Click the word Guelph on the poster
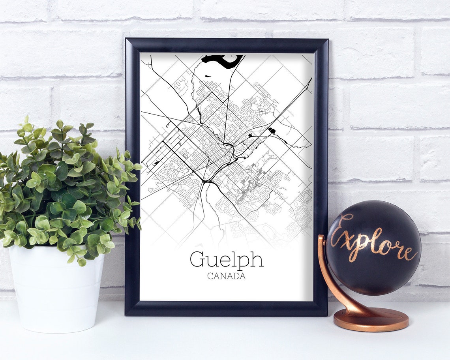pyautogui.click(x=226, y=260)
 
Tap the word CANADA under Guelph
pyautogui.click(x=226, y=276)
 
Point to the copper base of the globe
pyautogui.click(x=371, y=320)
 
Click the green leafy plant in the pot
pyautogui.click(x=67, y=186)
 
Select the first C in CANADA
pyautogui.click(x=210, y=276)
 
